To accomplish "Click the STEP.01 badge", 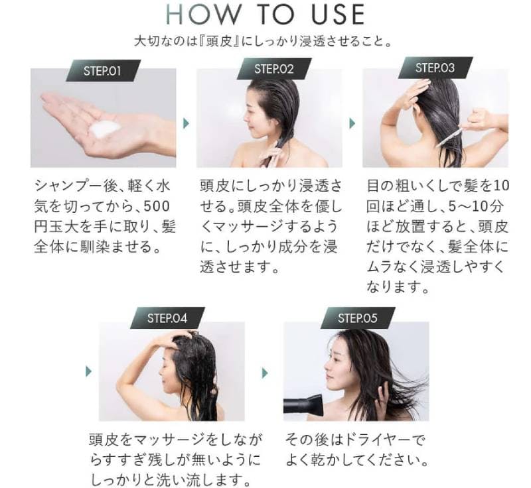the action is coord(103,71).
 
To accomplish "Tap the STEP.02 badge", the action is coord(274,69).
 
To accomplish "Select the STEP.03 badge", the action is coord(435,68).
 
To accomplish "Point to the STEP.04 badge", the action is coord(167,318).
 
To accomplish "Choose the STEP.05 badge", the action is coord(358,318).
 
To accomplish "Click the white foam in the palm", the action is coord(106,129).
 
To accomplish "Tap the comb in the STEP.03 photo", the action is coord(451,135).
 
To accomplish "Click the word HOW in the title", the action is coord(202,14).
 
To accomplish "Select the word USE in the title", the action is coord(339,14).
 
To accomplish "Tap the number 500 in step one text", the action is coord(157,206).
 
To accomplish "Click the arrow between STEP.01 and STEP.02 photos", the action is coord(186,123).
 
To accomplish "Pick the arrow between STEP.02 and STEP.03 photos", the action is coord(352,123).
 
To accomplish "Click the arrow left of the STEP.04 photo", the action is coord(89,371).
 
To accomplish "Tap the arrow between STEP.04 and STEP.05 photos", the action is coord(265,373).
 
